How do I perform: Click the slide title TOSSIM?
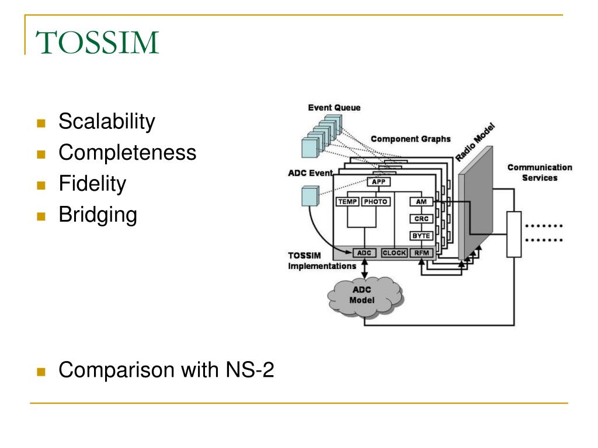[x=97, y=43]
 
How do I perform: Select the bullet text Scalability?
[x=107, y=122]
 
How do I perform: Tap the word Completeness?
[x=127, y=153]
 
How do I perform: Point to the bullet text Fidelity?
[x=92, y=184]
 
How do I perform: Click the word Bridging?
[x=98, y=215]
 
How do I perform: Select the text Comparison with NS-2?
[x=166, y=370]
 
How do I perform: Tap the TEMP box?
[x=347, y=202]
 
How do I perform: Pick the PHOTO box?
[x=375, y=202]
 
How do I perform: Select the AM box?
[x=421, y=202]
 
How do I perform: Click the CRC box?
[x=421, y=219]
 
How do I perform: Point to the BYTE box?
[x=421, y=236]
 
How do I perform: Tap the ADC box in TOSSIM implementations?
[x=364, y=253]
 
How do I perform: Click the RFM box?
[x=421, y=253]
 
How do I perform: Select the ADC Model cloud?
[x=365, y=296]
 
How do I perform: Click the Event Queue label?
[x=334, y=108]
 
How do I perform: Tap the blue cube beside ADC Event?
[x=310, y=197]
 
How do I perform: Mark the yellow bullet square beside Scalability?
[x=40, y=123]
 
